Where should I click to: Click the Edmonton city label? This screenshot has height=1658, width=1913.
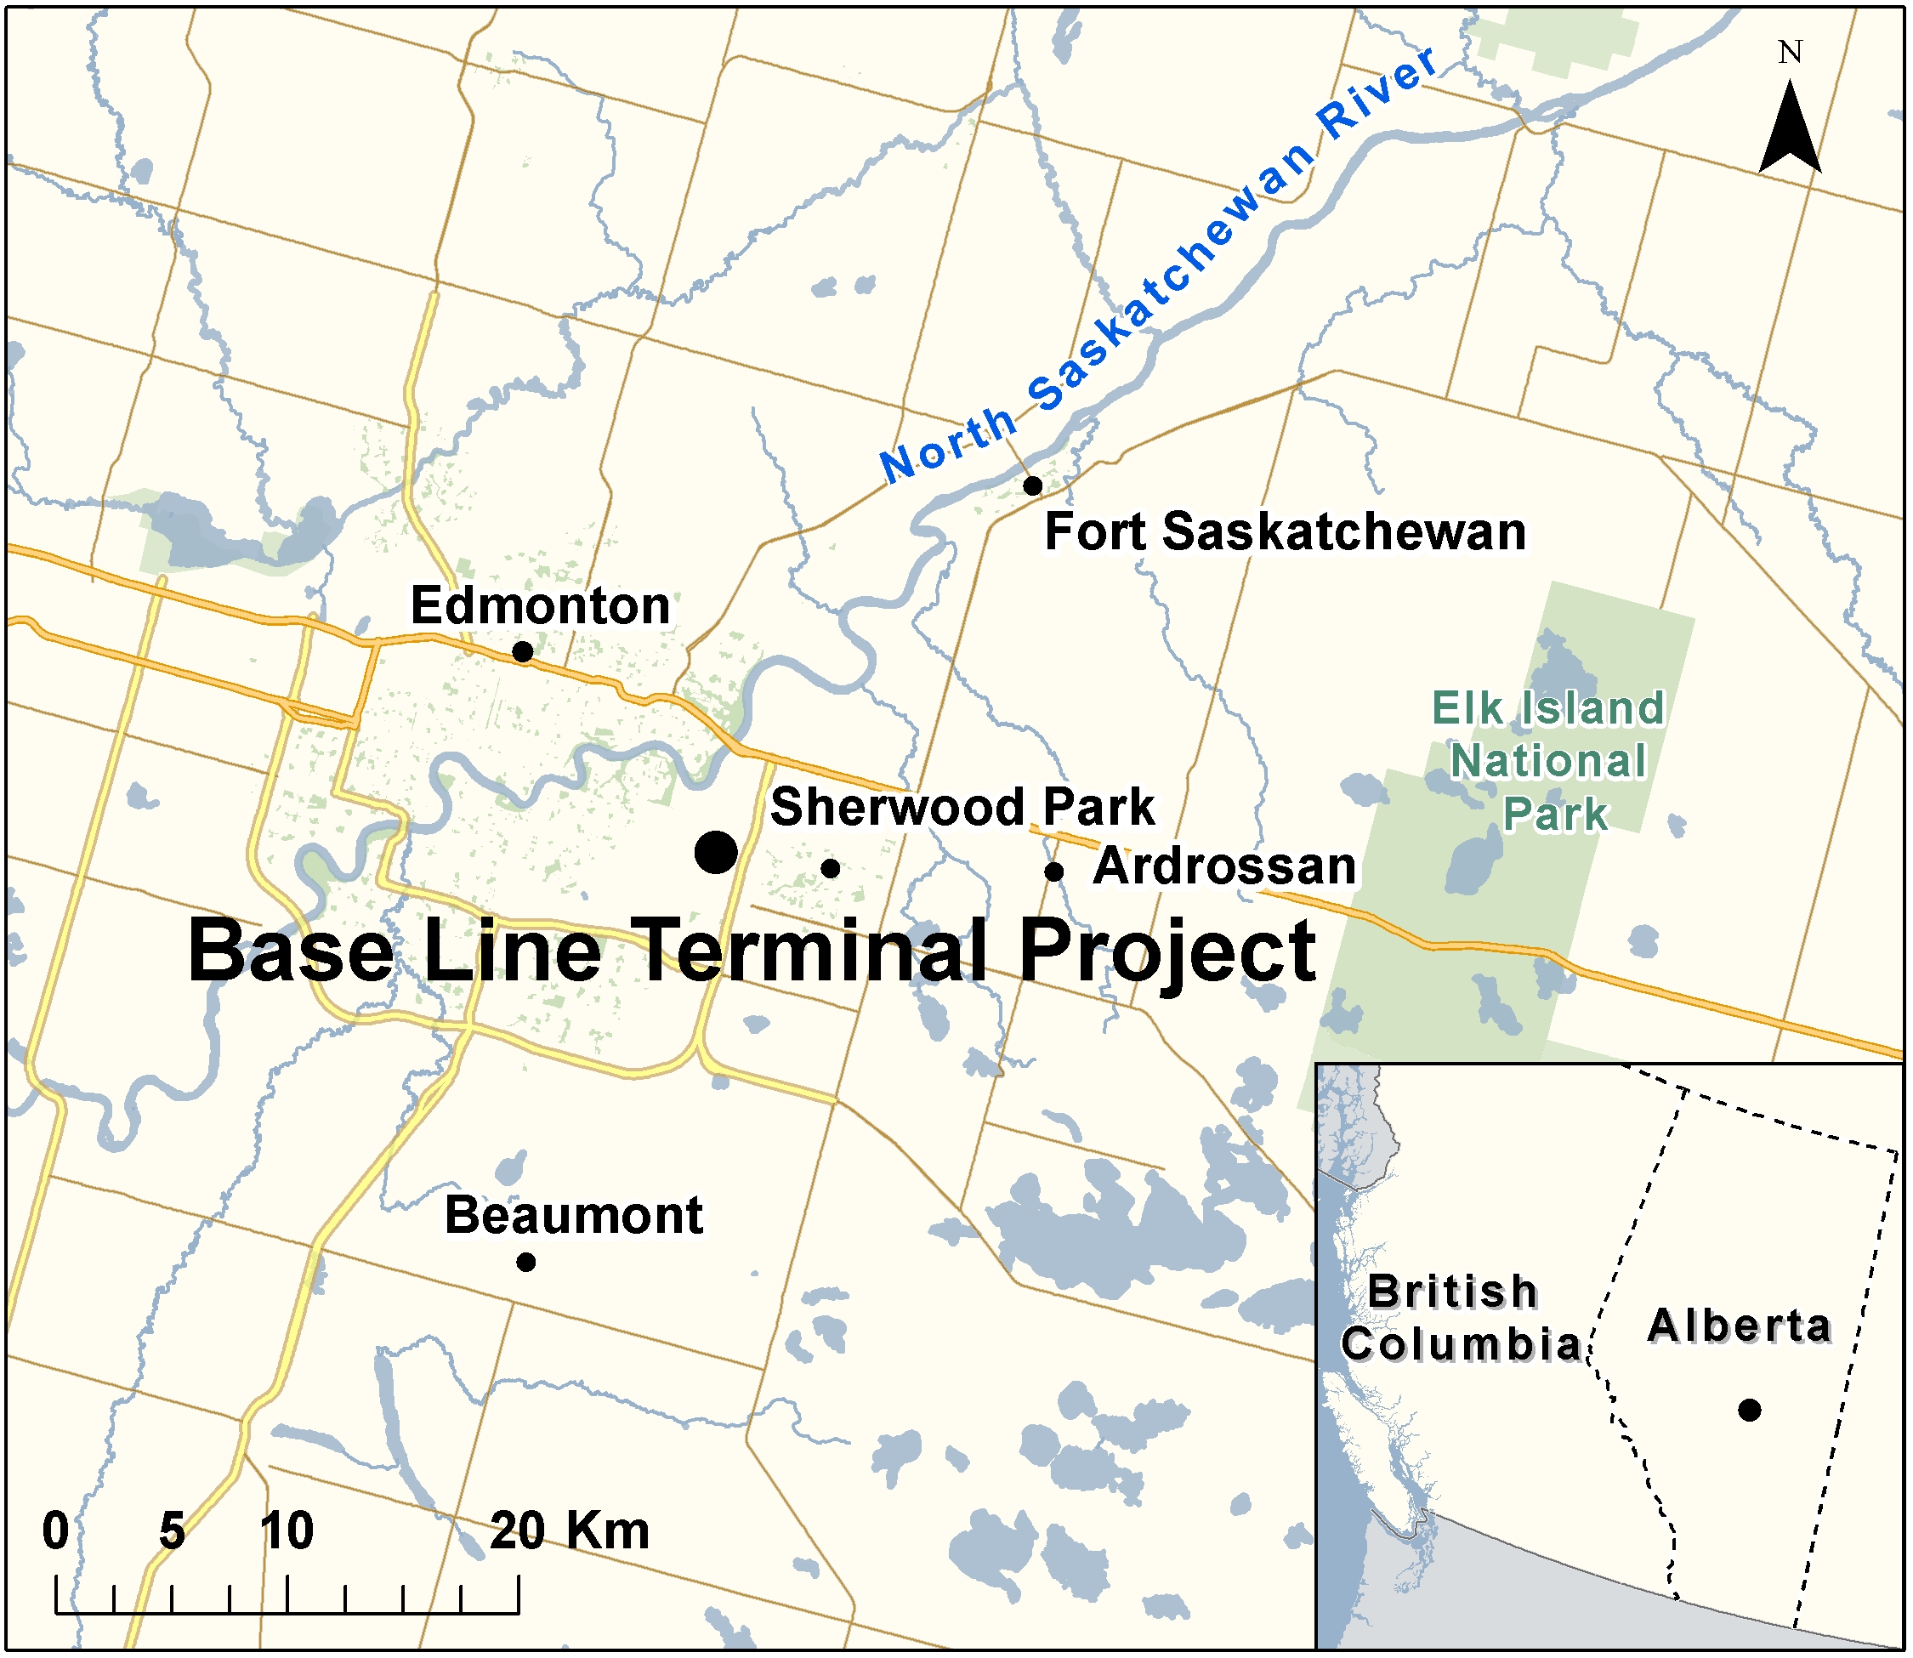[540, 606]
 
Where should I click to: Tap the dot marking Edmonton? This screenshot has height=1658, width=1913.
[523, 652]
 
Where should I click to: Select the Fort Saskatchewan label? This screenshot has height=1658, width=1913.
[1285, 533]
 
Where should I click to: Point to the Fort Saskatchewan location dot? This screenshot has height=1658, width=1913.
[1033, 485]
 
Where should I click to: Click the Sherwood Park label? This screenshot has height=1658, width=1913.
[962, 807]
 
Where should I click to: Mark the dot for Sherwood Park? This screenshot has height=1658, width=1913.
[831, 869]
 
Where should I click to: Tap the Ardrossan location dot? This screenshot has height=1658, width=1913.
[1053, 872]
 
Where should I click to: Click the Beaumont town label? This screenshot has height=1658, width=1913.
[574, 1215]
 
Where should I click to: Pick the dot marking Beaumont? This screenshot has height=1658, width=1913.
[525, 1262]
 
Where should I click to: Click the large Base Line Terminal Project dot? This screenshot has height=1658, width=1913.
[716, 852]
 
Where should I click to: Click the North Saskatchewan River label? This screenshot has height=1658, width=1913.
[1156, 269]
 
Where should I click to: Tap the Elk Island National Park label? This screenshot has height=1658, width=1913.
[1547, 760]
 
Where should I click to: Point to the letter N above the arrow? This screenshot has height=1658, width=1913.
[1791, 53]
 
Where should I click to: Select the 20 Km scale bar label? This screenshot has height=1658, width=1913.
[569, 1531]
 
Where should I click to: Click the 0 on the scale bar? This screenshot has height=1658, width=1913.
[55, 1531]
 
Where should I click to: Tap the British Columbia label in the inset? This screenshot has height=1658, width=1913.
[1460, 1318]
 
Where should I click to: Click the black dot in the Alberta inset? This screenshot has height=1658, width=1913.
[1749, 1410]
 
